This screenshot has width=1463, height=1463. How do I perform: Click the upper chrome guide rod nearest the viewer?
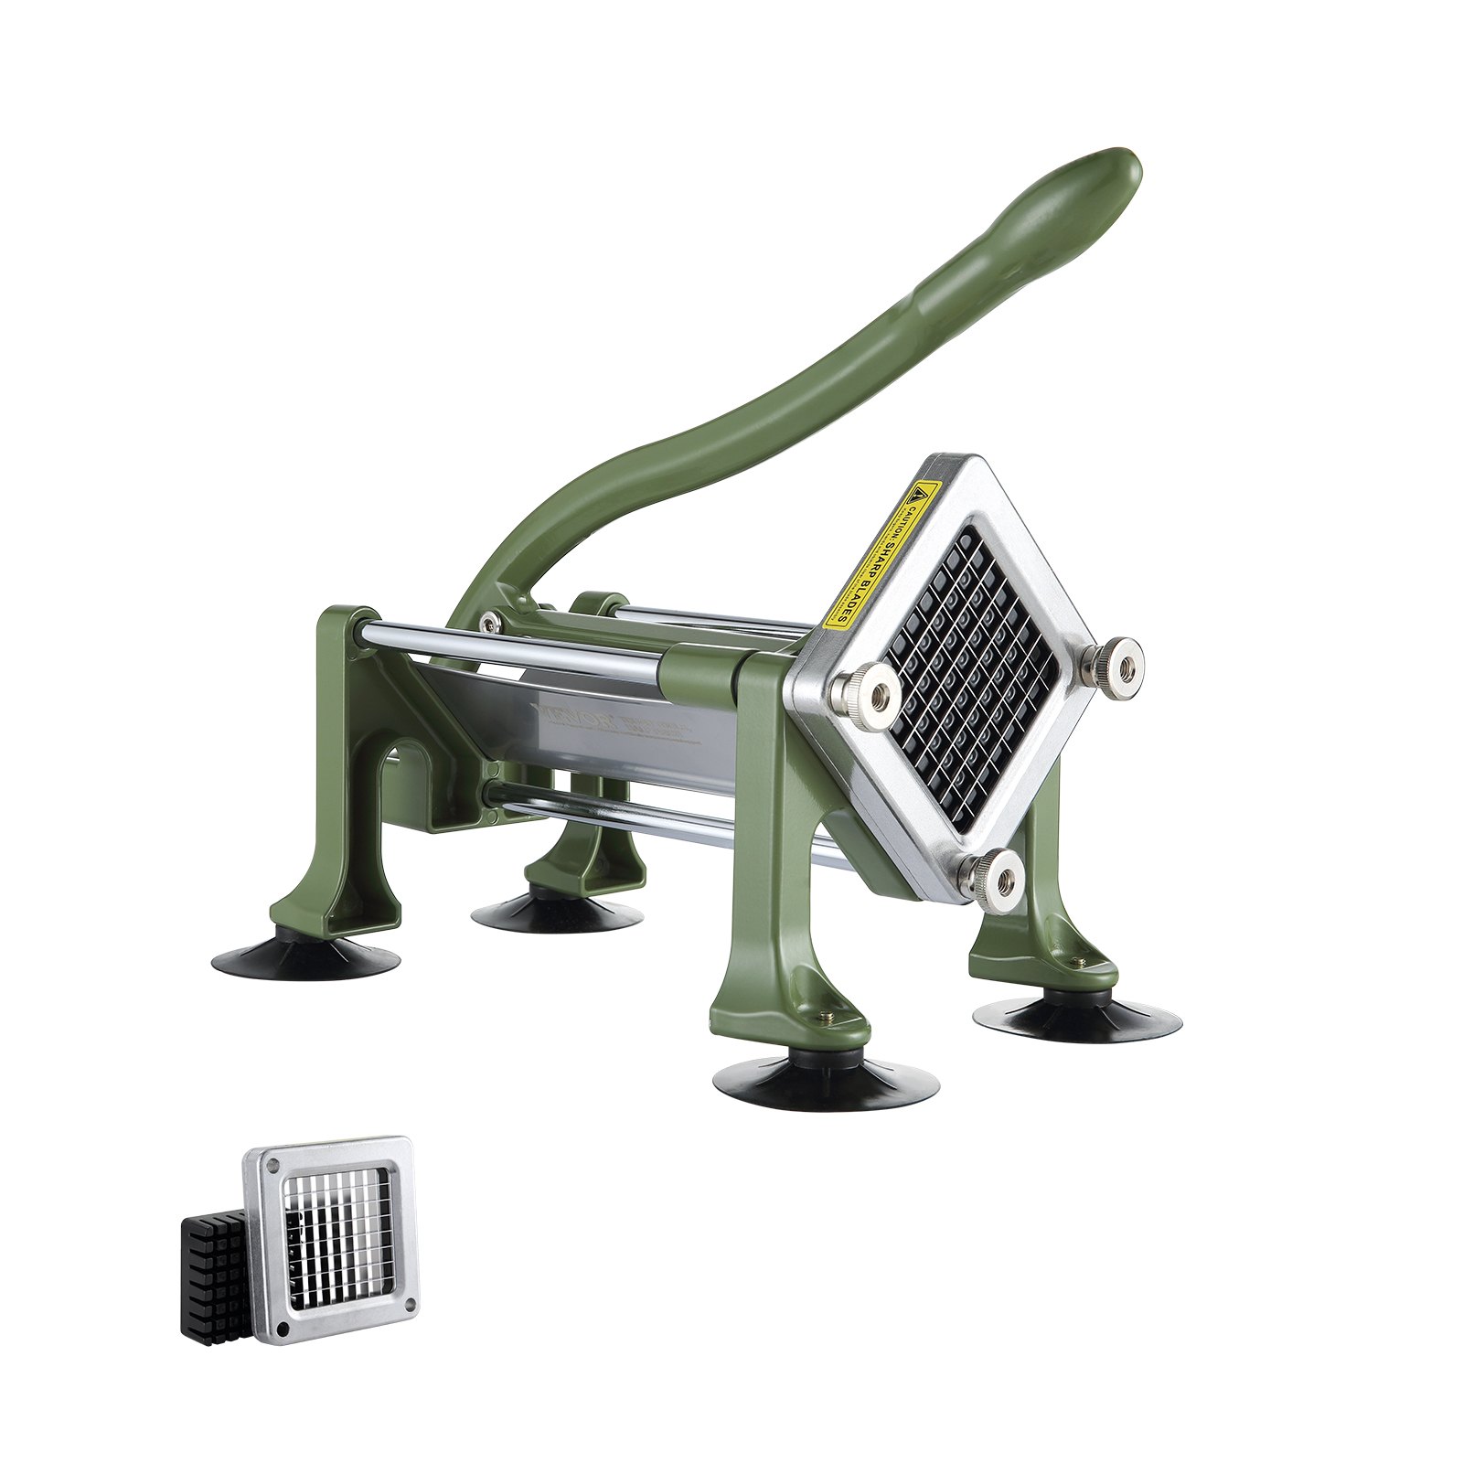pos(512,649)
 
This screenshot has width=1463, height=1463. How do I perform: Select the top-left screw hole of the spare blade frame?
pos(272,1167)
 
